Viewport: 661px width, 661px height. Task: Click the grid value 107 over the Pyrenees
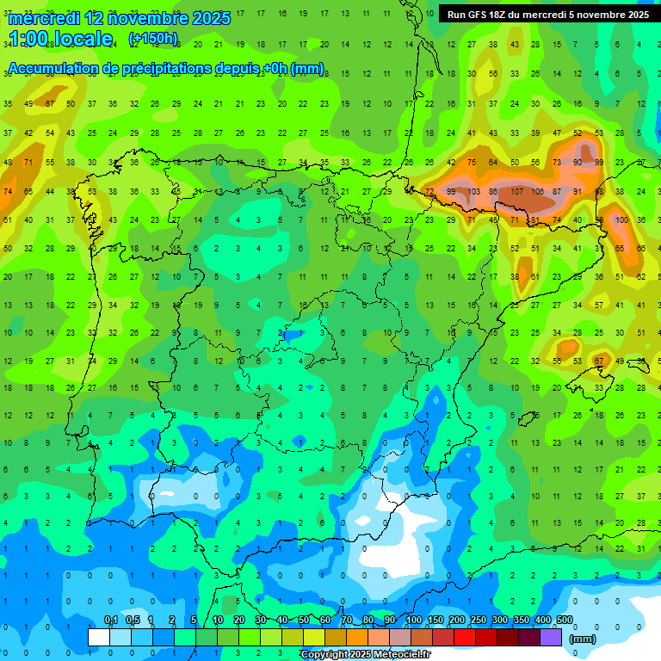coord(517,191)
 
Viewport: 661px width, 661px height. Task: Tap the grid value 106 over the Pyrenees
coord(538,191)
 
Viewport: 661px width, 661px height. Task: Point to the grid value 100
coord(621,219)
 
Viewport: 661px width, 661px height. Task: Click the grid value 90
coord(578,162)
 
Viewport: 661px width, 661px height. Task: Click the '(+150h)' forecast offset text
coord(153,38)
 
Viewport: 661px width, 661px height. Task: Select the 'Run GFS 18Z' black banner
coord(548,15)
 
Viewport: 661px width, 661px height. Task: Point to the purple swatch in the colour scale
coord(551,637)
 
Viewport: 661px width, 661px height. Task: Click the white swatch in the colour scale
coord(99,637)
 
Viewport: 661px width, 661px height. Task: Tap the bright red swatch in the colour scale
coord(465,637)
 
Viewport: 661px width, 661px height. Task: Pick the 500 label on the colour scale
coord(565,620)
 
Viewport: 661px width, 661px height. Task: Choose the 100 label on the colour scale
coord(414,620)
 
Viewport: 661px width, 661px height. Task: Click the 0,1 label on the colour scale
coord(111,620)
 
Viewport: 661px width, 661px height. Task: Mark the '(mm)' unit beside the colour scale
coord(583,639)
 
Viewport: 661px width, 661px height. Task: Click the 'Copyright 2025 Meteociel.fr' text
coord(365,654)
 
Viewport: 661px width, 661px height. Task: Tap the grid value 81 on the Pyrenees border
coord(534,219)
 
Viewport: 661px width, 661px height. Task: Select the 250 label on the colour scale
coord(479,620)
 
